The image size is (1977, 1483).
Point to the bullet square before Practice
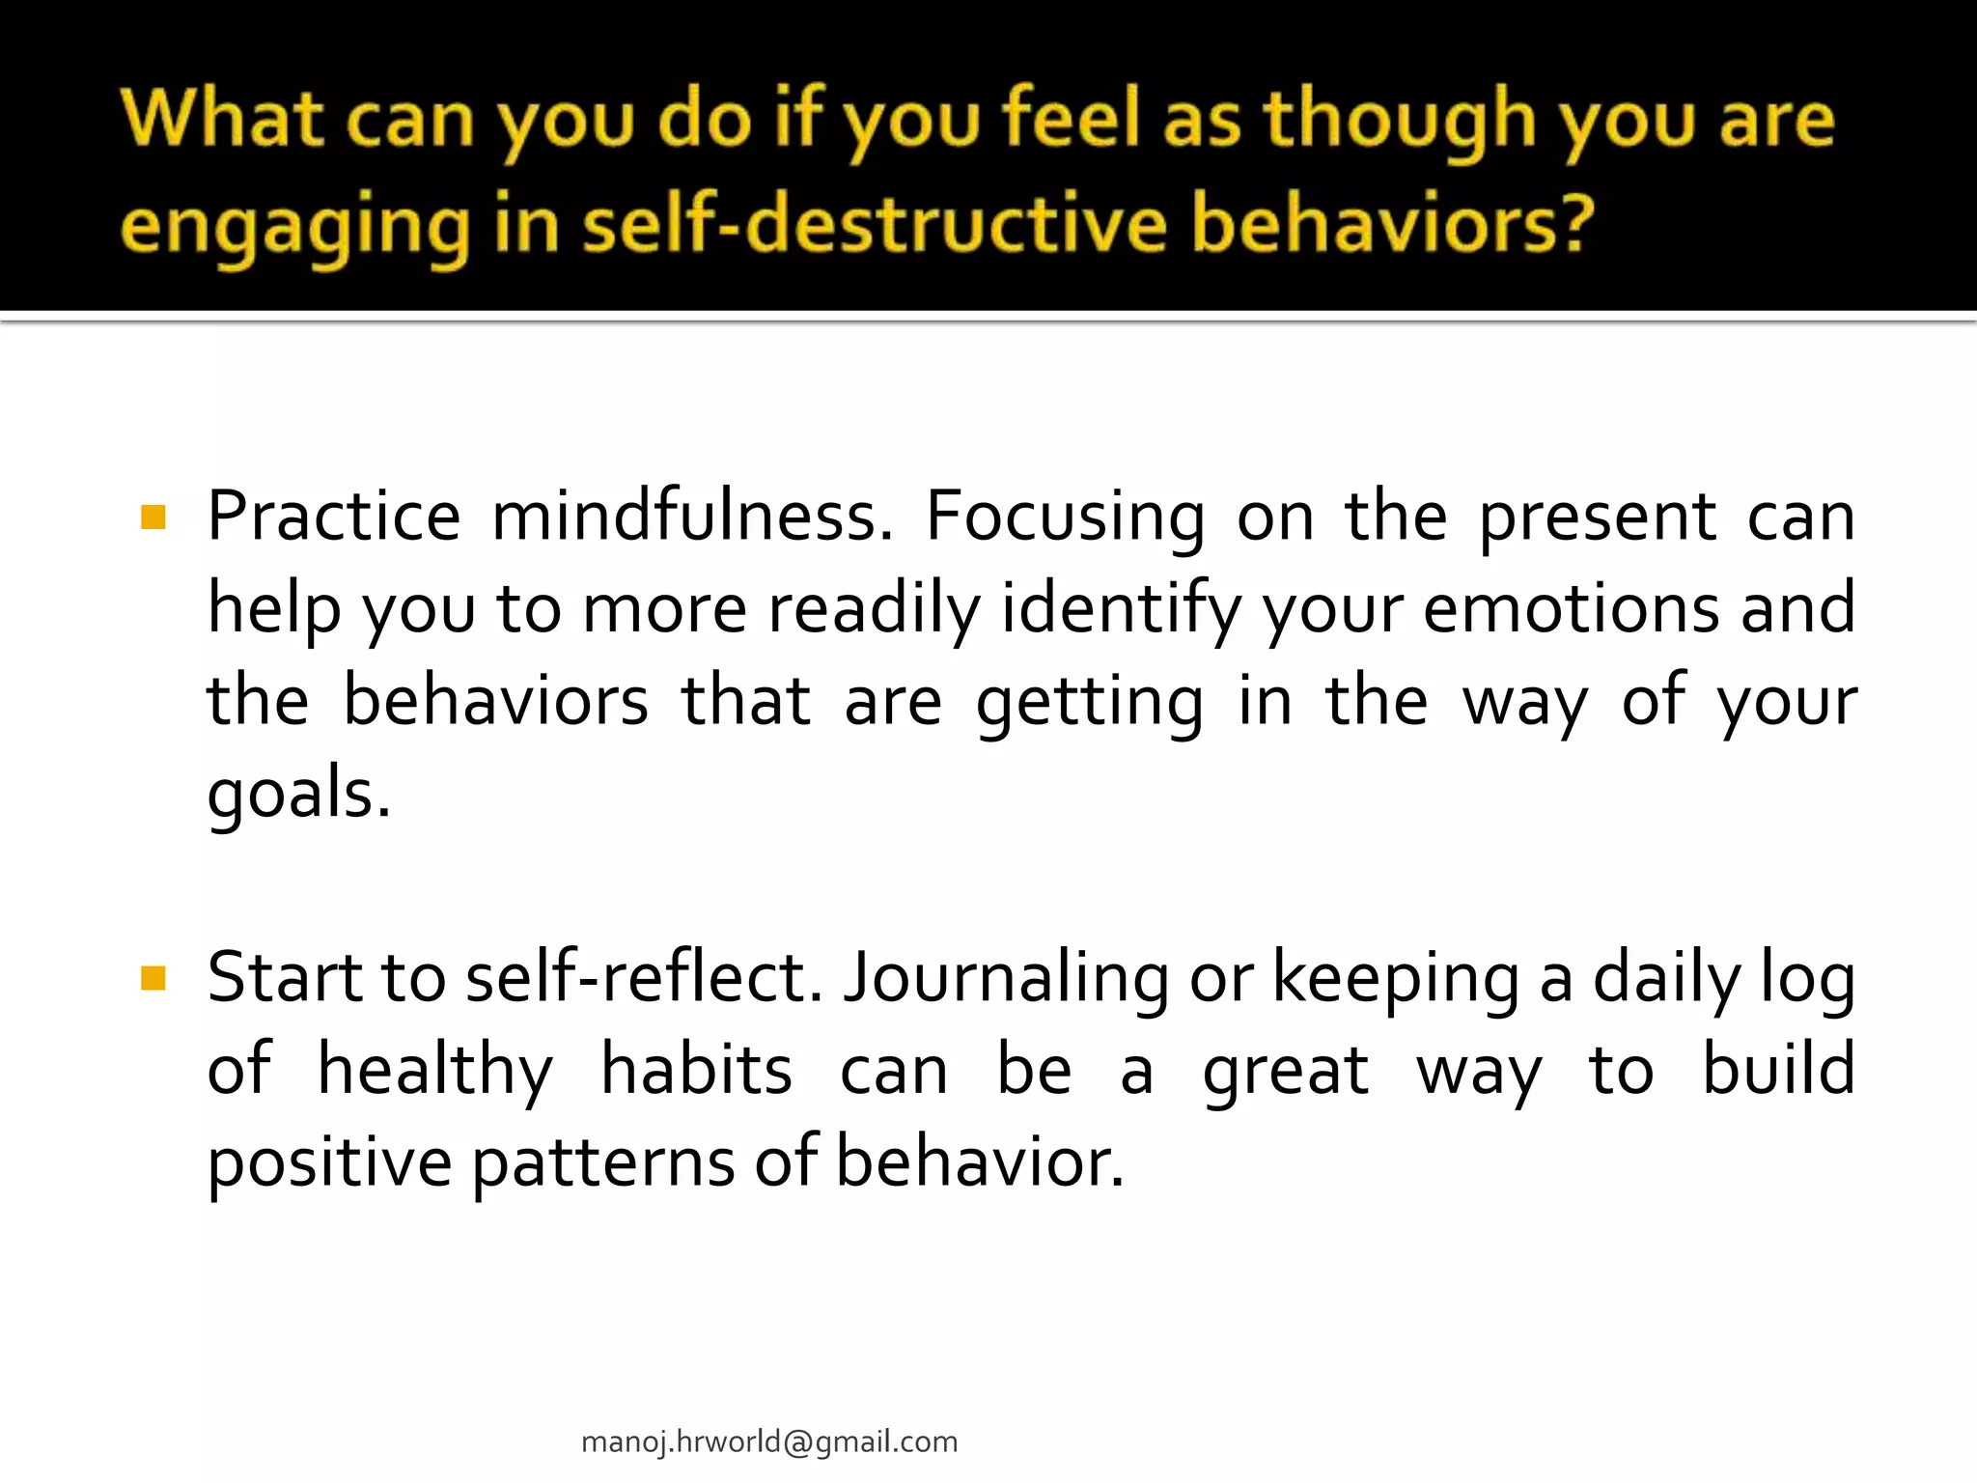[x=153, y=518]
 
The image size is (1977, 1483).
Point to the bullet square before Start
[x=153, y=979]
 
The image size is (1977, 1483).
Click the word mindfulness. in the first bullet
[x=692, y=516]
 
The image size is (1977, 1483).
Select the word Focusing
[x=1065, y=518]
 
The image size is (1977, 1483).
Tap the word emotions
[x=1571, y=608]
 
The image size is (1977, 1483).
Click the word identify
[x=1121, y=610]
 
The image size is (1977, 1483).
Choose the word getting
[x=1089, y=703]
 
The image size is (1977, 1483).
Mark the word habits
[x=696, y=1070]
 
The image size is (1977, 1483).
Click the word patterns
[x=603, y=1162]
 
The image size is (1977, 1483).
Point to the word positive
[x=329, y=1162]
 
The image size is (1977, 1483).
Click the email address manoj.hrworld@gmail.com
[x=769, y=1441]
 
